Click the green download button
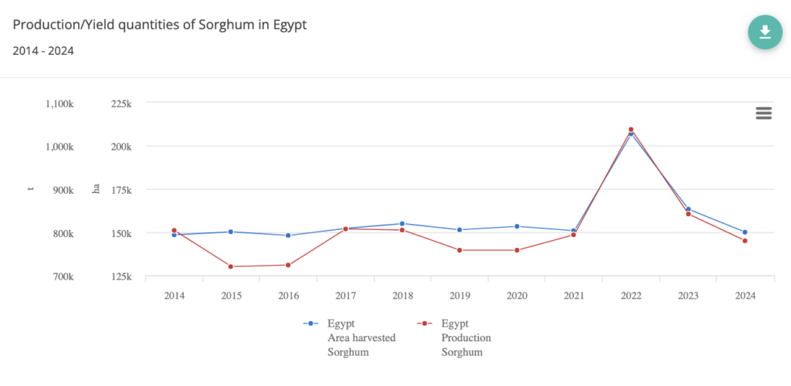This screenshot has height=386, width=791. click(765, 32)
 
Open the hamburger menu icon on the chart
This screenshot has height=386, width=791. click(763, 113)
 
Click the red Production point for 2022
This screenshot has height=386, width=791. click(631, 130)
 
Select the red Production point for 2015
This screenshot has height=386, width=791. click(231, 266)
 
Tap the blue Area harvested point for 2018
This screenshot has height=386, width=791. click(402, 224)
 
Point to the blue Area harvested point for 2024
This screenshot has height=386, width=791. click(745, 232)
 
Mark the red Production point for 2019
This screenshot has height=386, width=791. click(460, 250)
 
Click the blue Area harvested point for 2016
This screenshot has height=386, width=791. click(288, 235)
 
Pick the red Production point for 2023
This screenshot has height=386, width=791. click(687, 214)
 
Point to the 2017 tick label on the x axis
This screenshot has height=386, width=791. click(345, 296)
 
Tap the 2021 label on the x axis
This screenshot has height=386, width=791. click(574, 296)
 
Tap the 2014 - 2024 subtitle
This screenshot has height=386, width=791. click(43, 51)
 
